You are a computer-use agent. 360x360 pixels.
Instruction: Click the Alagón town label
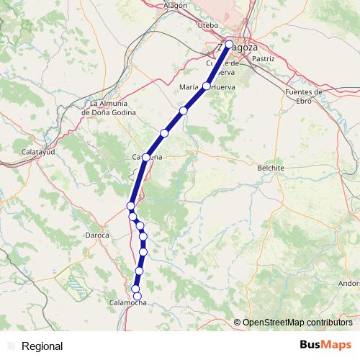point(175,5)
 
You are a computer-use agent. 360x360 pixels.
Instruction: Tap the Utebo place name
point(207,25)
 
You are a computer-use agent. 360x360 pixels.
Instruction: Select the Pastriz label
point(264,58)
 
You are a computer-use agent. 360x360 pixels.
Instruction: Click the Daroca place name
point(96,235)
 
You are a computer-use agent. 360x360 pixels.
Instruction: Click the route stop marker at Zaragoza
point(229,45)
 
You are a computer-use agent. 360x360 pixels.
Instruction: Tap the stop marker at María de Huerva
point(206,86)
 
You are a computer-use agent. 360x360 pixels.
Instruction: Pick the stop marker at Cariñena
point(146,157)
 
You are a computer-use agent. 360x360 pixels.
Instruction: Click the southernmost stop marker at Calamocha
point(138,296)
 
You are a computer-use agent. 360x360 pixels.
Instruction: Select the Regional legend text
point(42,346)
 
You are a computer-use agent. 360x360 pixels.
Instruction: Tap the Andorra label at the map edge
point(348,283)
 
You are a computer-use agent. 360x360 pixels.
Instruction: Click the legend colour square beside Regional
point(11,346)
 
